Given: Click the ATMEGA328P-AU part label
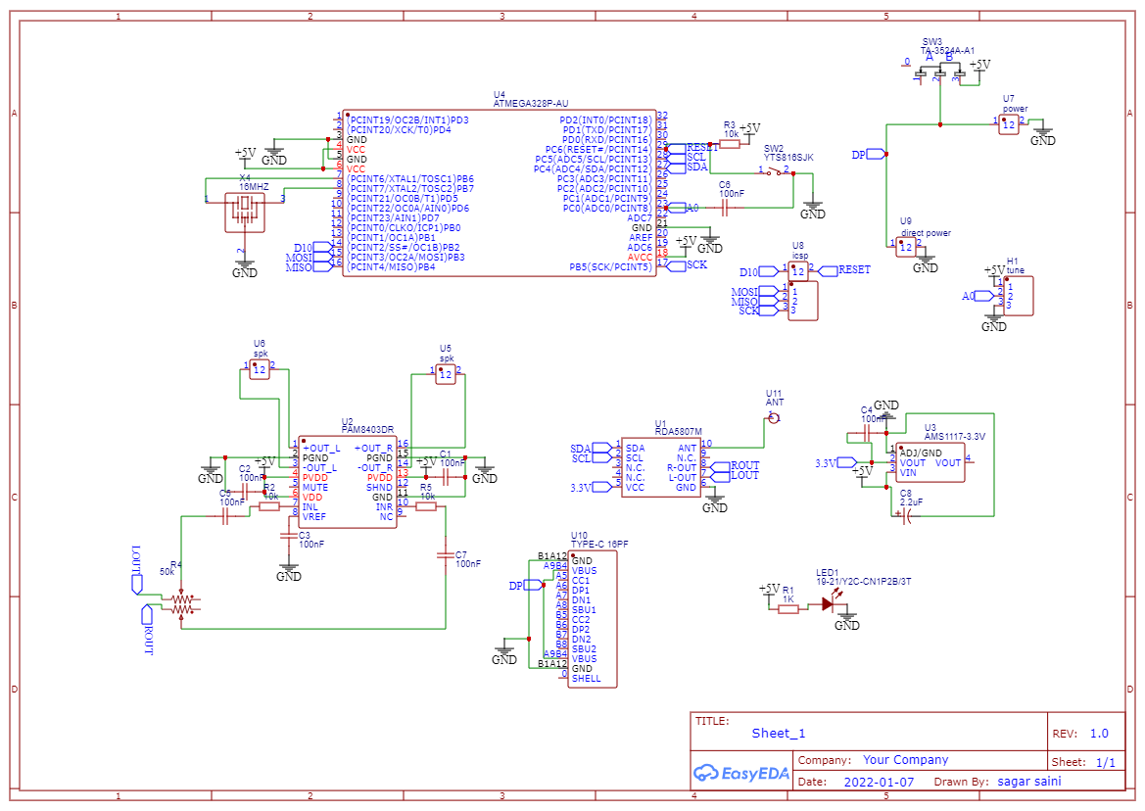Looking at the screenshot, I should coord(530,103).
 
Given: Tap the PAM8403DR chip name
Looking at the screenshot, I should coord(367,429).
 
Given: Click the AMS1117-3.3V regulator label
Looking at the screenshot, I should coord(955,437).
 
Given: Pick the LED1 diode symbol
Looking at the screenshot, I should coord(829,604).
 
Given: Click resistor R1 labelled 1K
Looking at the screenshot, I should coord(788,609).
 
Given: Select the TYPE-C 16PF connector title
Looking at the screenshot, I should coord(599,544).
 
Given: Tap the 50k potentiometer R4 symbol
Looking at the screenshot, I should coord(182,603).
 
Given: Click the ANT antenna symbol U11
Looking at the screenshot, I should coord(774,417).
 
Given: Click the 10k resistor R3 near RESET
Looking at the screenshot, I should coord(730,144).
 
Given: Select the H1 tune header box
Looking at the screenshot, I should coord(1019,295).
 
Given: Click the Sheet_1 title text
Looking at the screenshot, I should coord(779,733).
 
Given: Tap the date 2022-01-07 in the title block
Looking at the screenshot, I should coord(878,782).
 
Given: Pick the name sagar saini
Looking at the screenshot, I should coord(1028,782).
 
